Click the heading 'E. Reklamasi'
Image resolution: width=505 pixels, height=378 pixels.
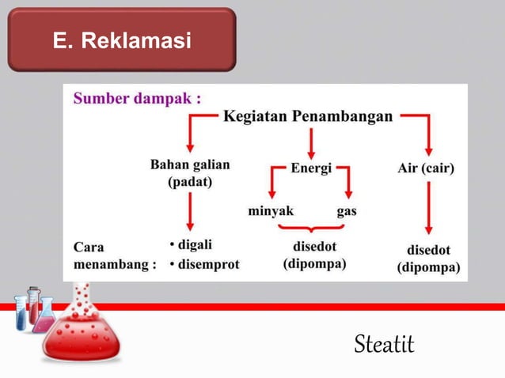click(x=122, y=40)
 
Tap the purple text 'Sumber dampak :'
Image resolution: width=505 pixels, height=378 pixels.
click(x=137, y=100)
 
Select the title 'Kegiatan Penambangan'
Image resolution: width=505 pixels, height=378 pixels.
click(x=308, y=117)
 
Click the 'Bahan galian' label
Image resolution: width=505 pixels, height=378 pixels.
click(x=190, y=165)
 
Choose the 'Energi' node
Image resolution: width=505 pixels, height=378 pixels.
click(x=311, y=168)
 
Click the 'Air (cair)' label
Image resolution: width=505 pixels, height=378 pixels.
click(x=425, y=168)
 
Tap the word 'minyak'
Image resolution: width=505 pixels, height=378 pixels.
click(x=271, y=211)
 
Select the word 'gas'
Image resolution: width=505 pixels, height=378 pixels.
click(x=347, y=211)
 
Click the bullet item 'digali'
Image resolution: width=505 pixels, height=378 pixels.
click(x=192, y=244)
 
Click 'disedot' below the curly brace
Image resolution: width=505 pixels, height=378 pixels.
click(x=315, y=245)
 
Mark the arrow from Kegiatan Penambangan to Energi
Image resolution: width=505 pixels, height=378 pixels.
click(x=312, y=142)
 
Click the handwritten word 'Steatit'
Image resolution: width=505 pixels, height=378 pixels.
click(x=384, y=345)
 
